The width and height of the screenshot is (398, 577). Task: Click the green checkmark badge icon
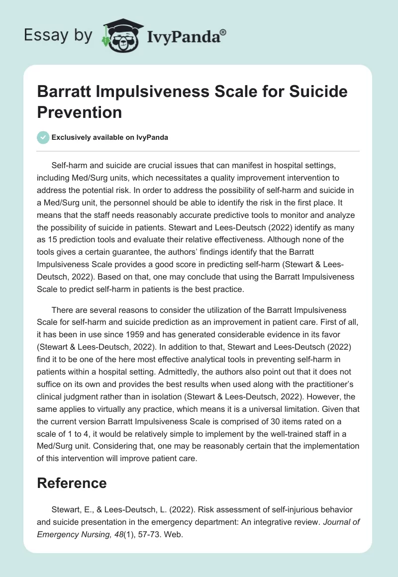click(43, 137)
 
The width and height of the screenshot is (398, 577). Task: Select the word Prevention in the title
click(80, 112)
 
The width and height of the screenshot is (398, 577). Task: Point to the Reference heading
click(72, 483)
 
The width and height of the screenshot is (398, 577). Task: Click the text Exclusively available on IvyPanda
click(110, 137)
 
